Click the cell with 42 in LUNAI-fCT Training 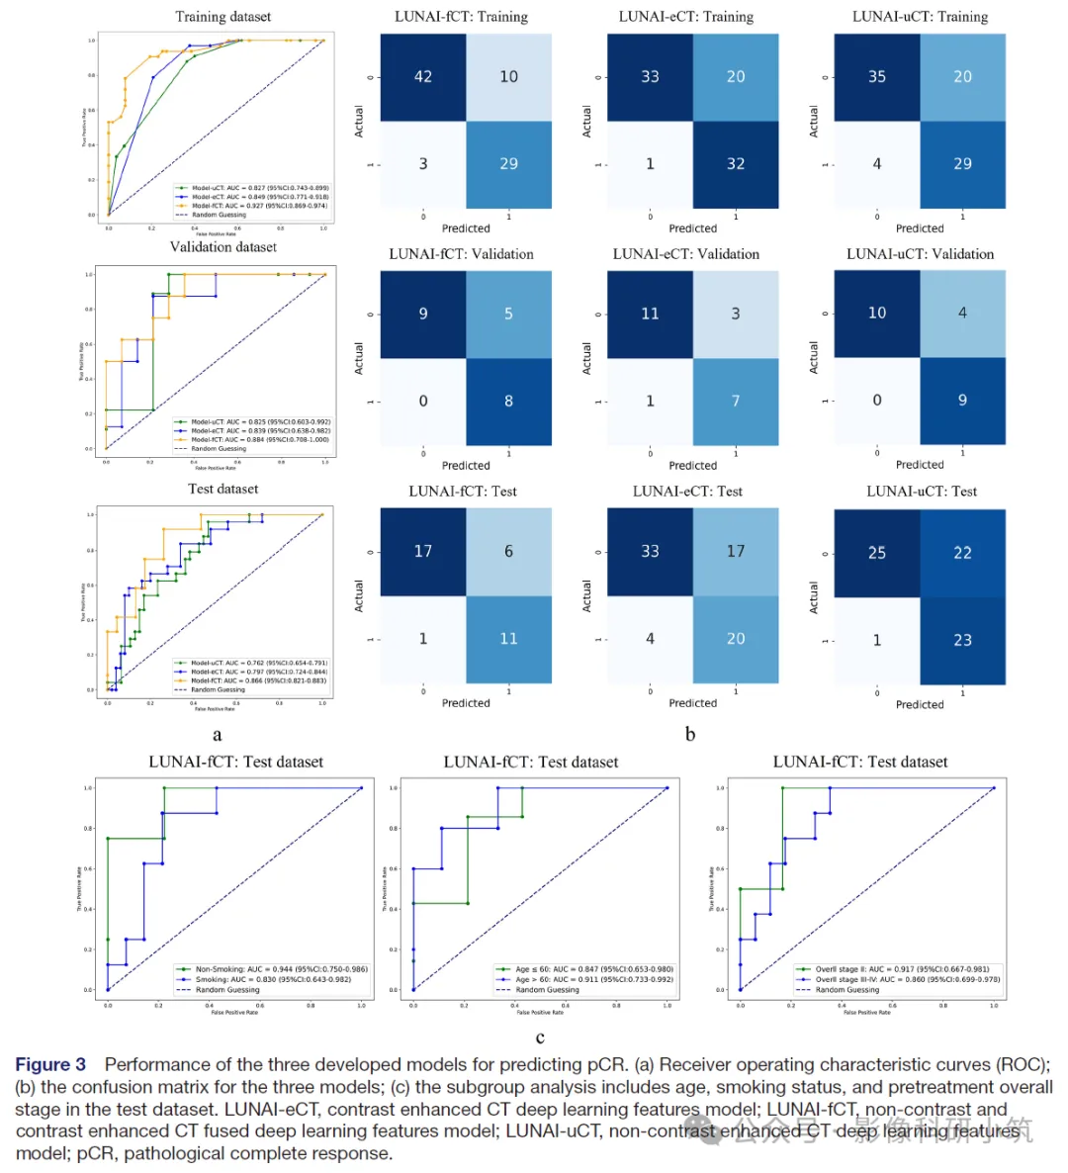coord(423,77)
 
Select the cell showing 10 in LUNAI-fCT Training coord(508,77)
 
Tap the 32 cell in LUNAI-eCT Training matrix coord(736,164)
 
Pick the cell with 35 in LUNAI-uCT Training coord(877,77)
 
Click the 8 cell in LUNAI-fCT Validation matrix coord(508,401)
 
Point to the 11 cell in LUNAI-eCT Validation coord(650,314)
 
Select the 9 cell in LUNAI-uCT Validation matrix coord(962,400)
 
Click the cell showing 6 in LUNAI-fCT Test coord(508,551)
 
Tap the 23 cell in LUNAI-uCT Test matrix coord(962,640)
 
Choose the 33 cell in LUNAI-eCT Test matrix coord(650,551)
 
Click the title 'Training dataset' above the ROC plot coord(222,17)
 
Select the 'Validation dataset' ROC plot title coord(222,247)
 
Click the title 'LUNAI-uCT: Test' coord(922,492)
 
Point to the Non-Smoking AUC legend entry coord(281,969)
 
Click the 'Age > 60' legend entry coord(593,979)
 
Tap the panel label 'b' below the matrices coord(690,734)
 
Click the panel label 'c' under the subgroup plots coord(540,1038)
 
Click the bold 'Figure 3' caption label coord(50,1064)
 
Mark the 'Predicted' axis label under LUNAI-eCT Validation coord(692,465)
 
